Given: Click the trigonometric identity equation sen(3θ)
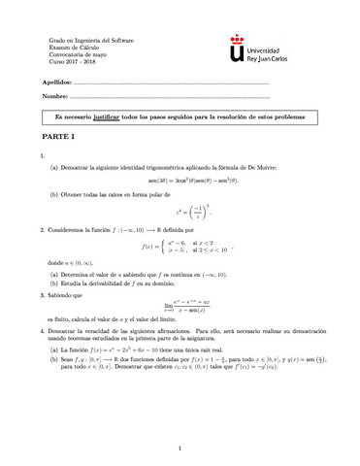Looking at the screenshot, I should tap(181, 182).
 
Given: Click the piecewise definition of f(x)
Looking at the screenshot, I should tap(186, 256).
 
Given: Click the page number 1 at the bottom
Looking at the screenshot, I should tap(180, 449).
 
